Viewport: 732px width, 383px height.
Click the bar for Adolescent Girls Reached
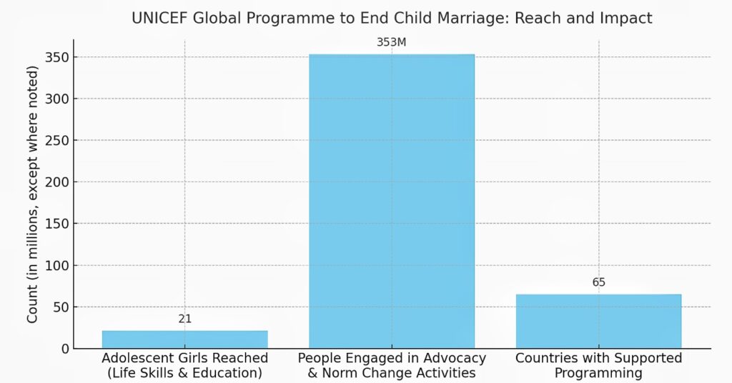(x=184, y=339)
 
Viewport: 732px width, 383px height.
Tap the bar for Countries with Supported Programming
(x=598, y=322)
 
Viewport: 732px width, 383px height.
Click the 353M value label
(x=391, y=42)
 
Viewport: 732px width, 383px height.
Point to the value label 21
(x=185, y=319)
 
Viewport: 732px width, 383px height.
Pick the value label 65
(x=599, y=282)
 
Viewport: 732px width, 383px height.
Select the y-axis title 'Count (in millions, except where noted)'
(x=33, y=194)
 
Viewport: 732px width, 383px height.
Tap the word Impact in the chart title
(x=628, y=19)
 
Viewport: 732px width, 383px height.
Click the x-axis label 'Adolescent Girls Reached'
(x=185, y=358)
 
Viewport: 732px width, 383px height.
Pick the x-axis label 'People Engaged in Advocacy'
(x=392, y=358)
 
